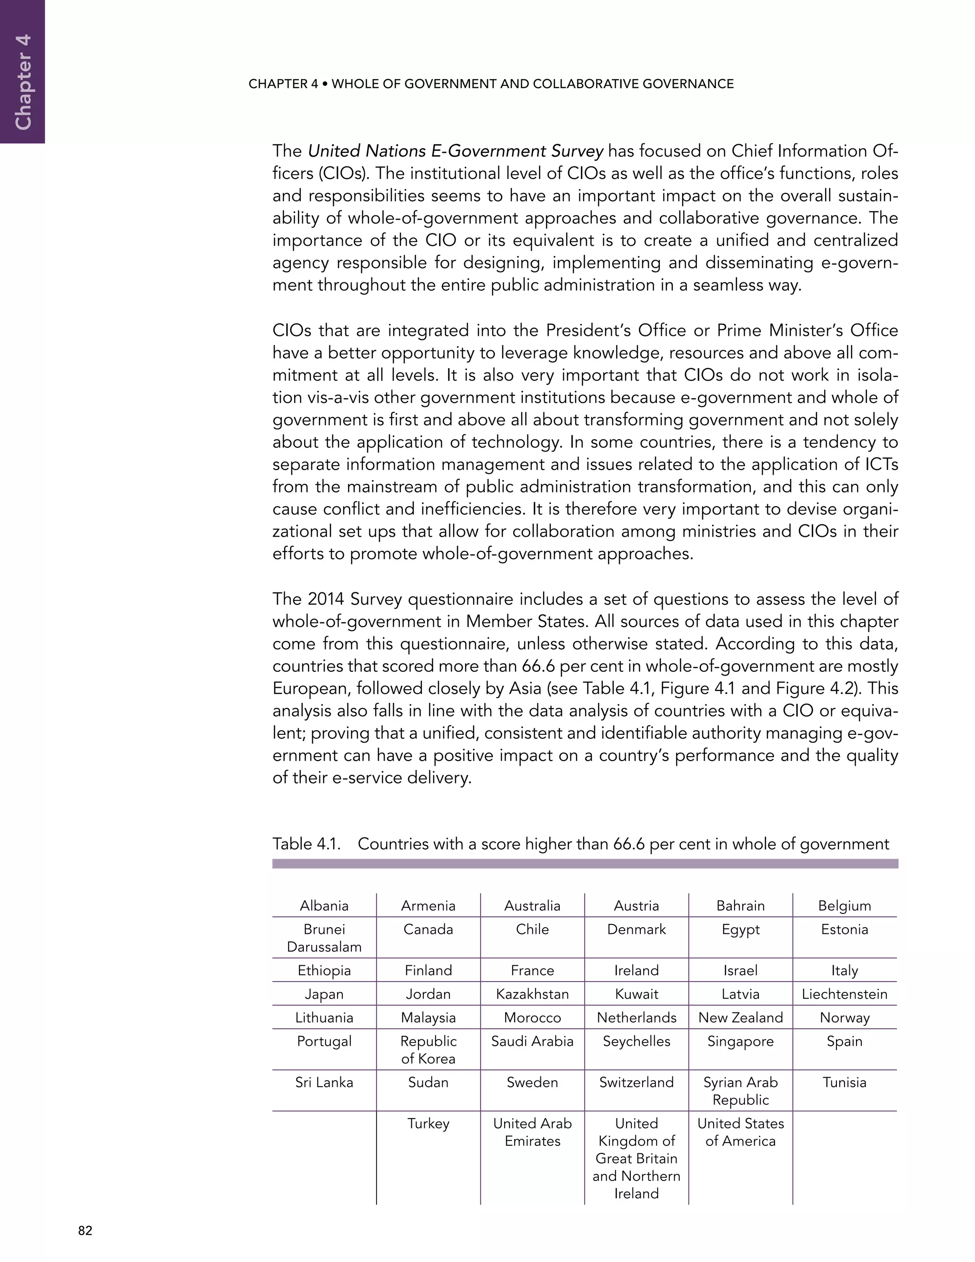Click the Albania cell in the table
pos(324,905)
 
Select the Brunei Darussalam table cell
pos(324,938)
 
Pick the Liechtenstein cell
pos(844,994)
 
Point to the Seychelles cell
pos(636,1041)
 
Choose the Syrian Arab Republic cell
pos(740,1091)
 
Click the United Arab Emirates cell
pos(532,1132)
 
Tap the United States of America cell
pos(740,1132)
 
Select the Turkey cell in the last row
pos(428,1124)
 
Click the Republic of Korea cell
pos(428,1050)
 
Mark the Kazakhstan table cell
pos(532,994)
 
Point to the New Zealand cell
pos(740,1018)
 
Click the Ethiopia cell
pos(324,970)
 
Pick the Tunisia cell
pos(844,1082)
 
